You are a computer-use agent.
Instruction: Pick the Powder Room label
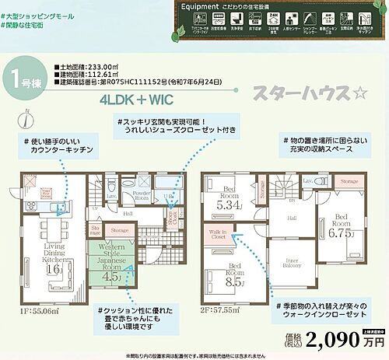pyautogui.click(x=141, y=194)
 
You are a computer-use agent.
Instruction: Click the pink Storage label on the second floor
pyautogui.click(x=349, y=181)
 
